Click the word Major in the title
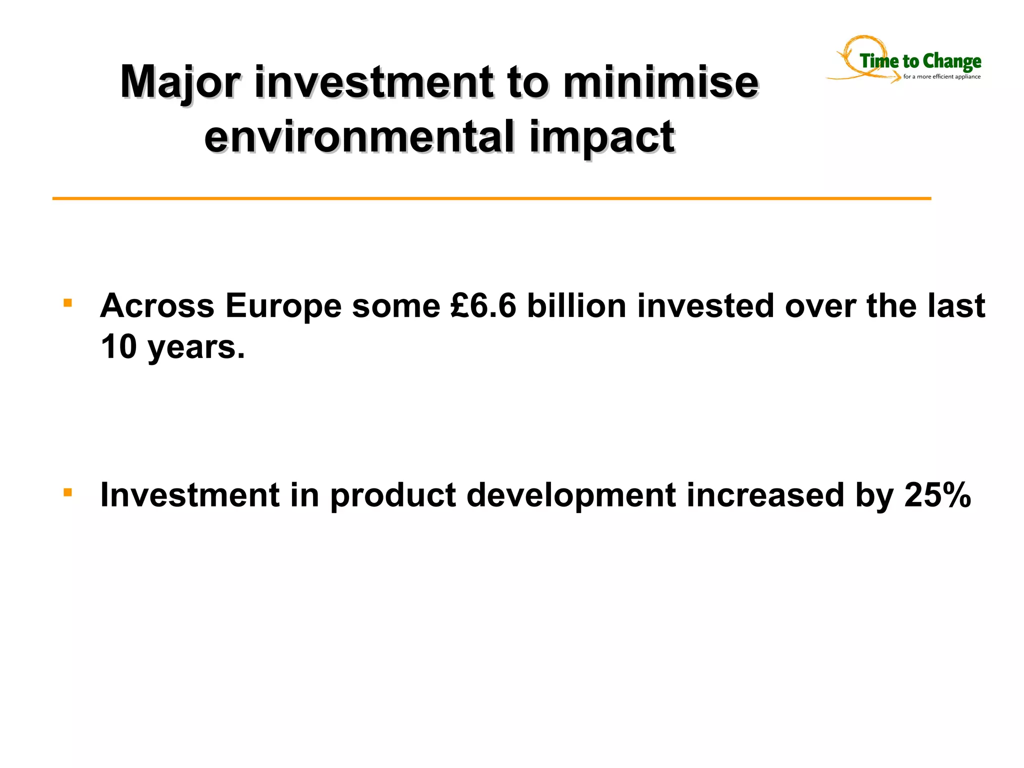point(180,82)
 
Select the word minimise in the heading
point(660,82)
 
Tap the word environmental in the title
point(359,137)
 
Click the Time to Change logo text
point(920,61)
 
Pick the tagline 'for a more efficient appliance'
point(941,77)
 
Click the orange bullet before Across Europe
point(68,303)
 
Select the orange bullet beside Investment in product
point(68,492)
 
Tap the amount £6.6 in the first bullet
point(483,305)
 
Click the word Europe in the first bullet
point(283,305)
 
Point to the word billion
point(576,305)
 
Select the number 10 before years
point(118,346)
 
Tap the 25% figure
point(937,495)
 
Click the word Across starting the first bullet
point(157,305)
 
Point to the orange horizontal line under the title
point(491,198)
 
